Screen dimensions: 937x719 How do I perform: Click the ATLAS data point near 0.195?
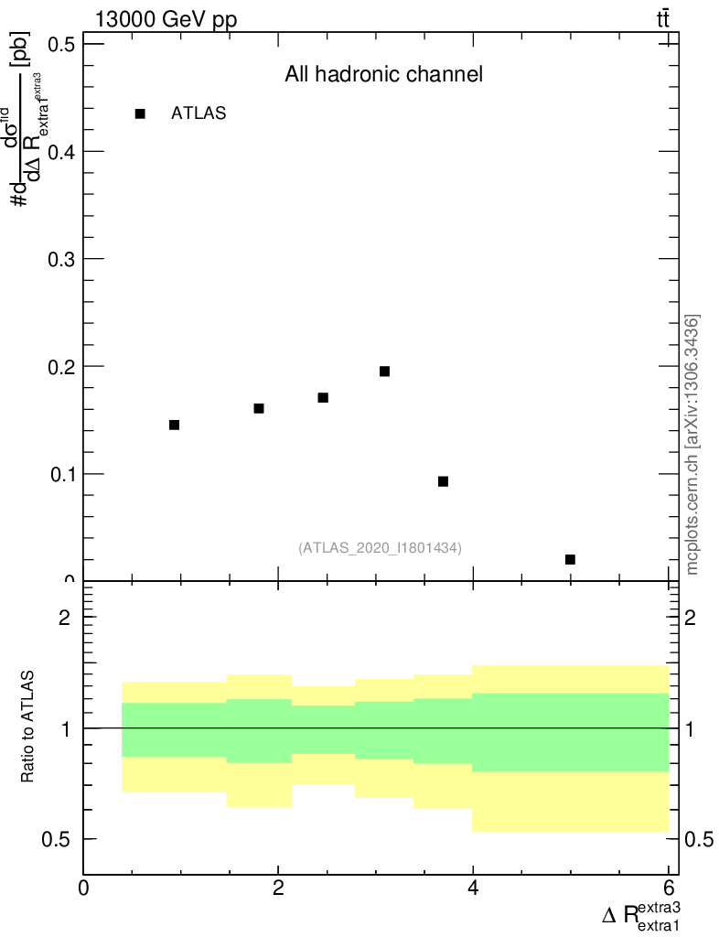click(x=384, y=372)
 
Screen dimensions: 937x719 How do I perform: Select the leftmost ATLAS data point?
click(x=174, y=425)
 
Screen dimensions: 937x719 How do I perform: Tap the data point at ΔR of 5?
click(x=570, y=559)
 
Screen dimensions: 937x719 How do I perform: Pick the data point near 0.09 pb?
click(x=443, y=481)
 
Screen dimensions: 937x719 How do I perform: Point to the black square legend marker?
click(x=140, y=113)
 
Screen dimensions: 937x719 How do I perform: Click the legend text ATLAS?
click(x=199, y=113)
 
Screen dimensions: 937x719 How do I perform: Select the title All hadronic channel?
click(x=383, y=75)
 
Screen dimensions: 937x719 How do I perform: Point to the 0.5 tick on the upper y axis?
click(x=59, y=44)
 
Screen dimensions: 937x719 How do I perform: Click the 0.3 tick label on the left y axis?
click(x=59, y=259)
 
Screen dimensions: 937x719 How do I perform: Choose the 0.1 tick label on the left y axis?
click(x=59, y=474)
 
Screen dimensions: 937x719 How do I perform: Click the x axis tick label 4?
click(x=473, y=888)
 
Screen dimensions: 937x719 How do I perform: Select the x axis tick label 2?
click(x=278, y=888)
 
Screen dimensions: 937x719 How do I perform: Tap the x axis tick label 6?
click(x=668, y=888)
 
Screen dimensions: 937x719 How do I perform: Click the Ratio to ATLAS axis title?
click(x=28, y=727)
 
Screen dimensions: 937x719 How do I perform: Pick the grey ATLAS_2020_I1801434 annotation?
click(x=380, y=548)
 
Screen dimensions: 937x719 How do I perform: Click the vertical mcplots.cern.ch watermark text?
click(x=693, y=444)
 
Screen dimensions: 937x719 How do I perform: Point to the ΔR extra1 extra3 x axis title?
click(x=641, y=916)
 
